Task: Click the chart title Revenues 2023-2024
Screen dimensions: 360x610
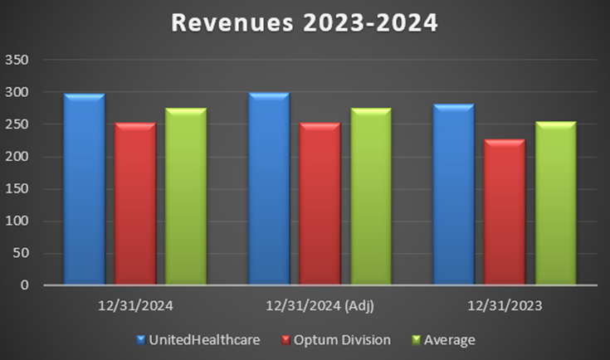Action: [305, 23]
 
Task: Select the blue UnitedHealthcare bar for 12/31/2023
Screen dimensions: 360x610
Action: [453, 195]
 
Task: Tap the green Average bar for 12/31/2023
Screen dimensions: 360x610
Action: [555, 204]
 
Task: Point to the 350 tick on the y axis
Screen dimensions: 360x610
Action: [17, 61]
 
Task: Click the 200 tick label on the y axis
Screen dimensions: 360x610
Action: [17, 157]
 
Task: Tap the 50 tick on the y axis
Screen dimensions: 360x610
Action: [20, 253]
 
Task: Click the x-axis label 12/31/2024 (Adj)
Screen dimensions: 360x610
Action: [319, 306]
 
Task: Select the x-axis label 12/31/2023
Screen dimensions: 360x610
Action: [504, 306]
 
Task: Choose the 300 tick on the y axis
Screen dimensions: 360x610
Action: [17, 93]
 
